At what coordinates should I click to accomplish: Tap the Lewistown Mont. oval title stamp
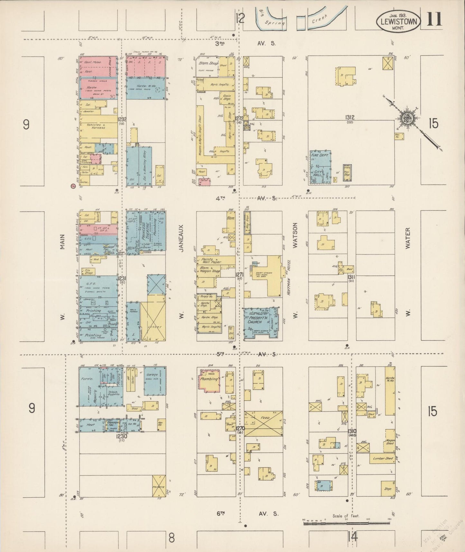[398, 21]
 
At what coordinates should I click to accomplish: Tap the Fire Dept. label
[317, 155]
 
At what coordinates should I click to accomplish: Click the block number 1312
[350, 118]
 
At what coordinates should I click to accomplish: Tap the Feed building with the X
[263, 423]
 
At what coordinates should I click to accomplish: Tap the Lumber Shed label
[383, 458]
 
